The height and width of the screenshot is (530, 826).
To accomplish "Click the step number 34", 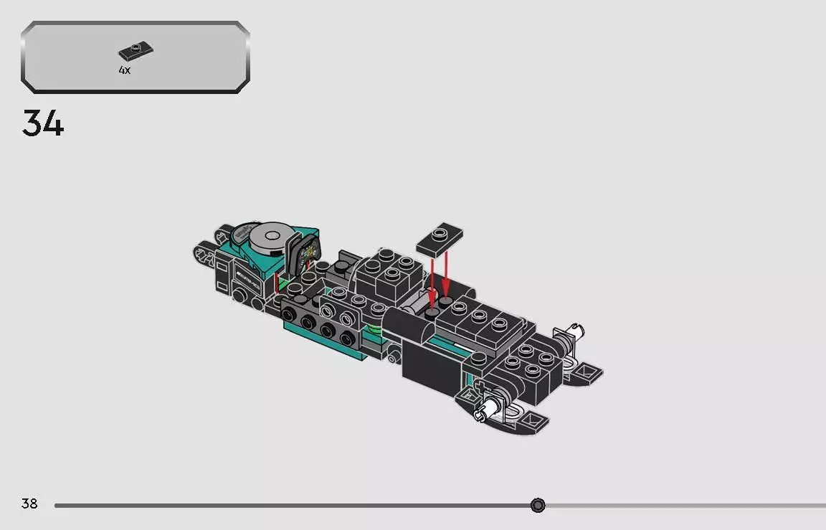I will pyautogui.click(x=43, y=123).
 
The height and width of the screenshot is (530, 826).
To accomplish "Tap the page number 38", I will pyautogui.click(x=29, y=504).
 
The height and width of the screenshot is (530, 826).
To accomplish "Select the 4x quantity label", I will pyautogui.click(x=125, y=70).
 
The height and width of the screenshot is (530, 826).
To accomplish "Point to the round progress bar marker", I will pyautogui.click(x=538, y=506).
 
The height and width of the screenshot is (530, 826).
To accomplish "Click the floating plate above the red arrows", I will pyautogui.click(x=440, y=238).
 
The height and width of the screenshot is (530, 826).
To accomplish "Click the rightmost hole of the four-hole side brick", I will pyautogui.click(x=348, y=338).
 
